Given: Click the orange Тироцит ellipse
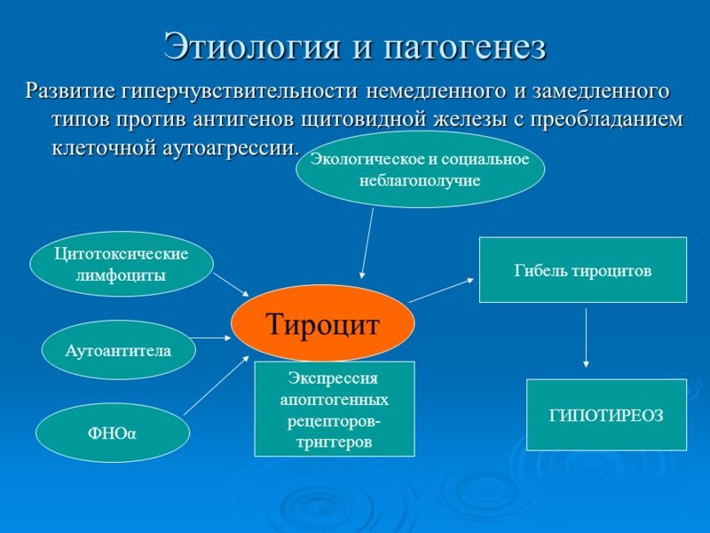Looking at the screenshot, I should coord(323,323).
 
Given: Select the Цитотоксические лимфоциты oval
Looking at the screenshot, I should coord(122,264).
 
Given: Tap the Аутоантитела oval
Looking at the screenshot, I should coord(118,350).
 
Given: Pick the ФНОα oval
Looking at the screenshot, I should coord(112,433).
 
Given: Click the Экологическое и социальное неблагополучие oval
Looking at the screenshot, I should coord(420,170).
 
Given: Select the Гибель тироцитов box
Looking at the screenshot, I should coord(582,270).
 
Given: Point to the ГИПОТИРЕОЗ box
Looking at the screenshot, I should coord(606,415).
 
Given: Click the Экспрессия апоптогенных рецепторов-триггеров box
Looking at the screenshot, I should coord(335,409).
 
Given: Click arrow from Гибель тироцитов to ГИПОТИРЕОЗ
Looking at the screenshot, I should coord(586,338).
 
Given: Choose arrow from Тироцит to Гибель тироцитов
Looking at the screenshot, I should coord(441,290).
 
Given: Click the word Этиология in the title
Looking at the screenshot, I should coord(249,47).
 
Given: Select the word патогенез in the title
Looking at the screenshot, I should coord(462,47).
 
